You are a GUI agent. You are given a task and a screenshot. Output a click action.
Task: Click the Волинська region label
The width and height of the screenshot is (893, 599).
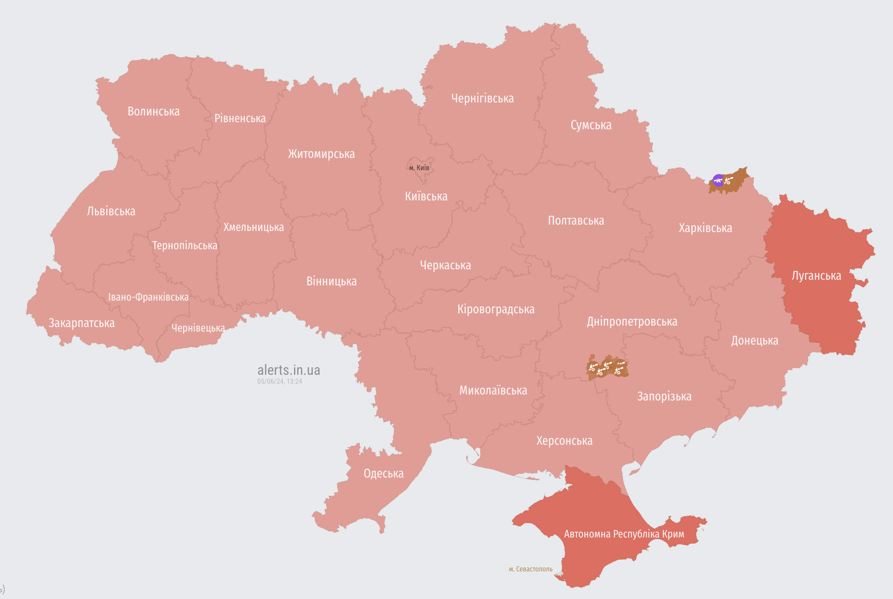tap(153, 111)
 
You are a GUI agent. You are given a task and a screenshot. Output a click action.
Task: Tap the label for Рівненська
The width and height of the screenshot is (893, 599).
tap(240, 118)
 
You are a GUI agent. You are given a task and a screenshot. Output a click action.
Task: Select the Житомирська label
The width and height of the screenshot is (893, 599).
tap(321, 154)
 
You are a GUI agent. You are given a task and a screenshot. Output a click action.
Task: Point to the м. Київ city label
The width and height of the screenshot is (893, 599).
tap(419, 168)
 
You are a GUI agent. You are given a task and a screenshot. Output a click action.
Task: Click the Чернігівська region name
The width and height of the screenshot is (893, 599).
tap(482, 99)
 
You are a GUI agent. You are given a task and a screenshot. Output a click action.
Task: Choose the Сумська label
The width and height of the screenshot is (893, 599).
tap(591, 125)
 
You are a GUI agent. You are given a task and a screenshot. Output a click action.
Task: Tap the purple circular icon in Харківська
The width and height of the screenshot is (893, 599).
tap(718, 180)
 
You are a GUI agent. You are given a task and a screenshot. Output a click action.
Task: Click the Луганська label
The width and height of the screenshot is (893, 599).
tap(816, 276)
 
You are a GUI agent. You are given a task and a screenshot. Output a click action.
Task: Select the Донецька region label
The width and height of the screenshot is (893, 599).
tap(754, 340)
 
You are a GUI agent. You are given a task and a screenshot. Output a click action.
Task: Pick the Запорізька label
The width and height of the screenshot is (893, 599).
tap(664, 396)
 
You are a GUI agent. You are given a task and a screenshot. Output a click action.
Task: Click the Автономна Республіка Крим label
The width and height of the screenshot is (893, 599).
tap(624, 534)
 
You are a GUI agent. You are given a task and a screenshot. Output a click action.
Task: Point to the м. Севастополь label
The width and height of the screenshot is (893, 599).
tap(530, 569)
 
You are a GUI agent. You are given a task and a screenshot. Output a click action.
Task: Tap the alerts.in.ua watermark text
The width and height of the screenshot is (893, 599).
tap(288, 370)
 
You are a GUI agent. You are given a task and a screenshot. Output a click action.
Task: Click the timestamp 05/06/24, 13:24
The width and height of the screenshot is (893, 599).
tap(279, 381)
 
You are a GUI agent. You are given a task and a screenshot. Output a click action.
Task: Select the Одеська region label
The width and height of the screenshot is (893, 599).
tap(383, 474)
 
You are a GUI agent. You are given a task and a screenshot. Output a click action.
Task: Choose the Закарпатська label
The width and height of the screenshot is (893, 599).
tap(81, 323)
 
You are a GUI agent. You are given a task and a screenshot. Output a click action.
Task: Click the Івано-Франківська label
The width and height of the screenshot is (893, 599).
tap(148, 297)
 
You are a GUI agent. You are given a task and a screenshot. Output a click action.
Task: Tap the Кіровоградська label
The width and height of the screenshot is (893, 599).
tap(496, 309)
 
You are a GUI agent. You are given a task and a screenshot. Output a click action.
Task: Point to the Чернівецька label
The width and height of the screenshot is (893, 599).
tap(198, 328)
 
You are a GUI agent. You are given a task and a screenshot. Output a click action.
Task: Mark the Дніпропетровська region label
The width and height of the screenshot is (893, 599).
tap(632, 321)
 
